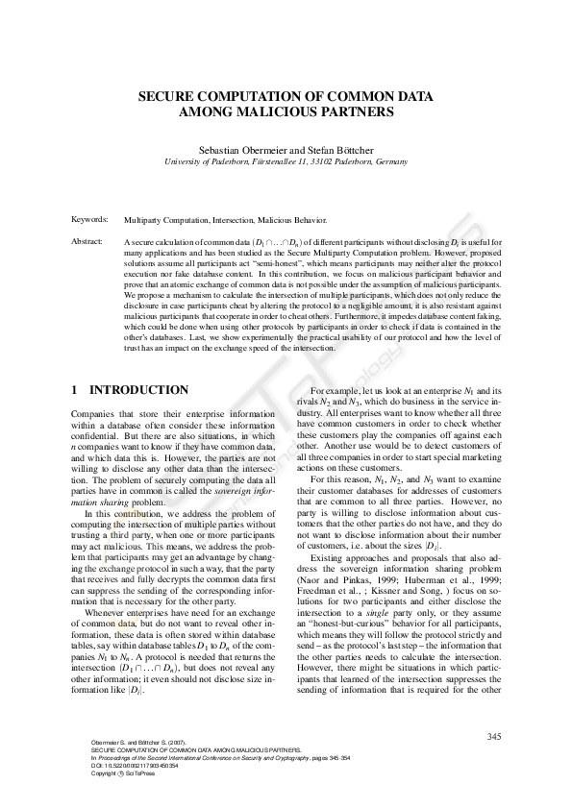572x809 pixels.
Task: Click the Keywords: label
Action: pos(89,219)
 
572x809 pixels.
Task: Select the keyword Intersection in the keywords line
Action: pos(238,219)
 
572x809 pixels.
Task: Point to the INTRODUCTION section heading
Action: pos(139,389)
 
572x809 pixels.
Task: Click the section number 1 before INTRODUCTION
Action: pos(75,389)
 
